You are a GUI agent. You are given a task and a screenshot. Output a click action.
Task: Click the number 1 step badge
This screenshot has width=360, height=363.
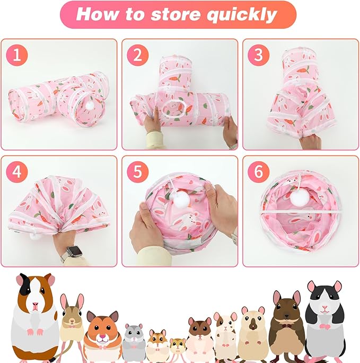[17, 55]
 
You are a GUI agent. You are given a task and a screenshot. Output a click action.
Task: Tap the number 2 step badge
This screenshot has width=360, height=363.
[137, 55]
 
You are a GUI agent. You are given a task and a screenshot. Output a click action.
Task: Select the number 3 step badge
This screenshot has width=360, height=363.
[258, 55]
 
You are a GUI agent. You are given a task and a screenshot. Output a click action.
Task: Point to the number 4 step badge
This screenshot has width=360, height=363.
[17, 172]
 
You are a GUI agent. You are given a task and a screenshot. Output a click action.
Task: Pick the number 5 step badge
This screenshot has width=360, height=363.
[137, 172]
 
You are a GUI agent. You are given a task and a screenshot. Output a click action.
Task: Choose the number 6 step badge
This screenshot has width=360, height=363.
[258, 172]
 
